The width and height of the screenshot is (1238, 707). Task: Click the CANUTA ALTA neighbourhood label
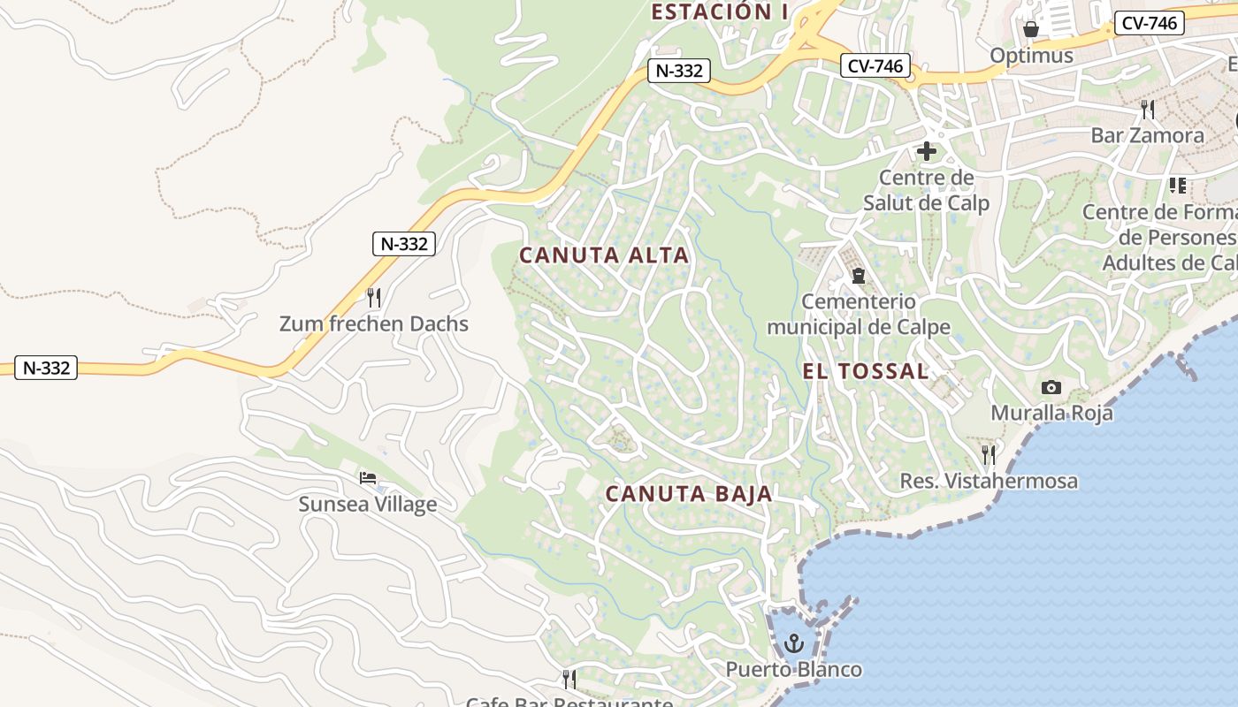point(603,255)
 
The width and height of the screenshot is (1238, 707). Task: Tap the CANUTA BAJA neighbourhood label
point(689,494)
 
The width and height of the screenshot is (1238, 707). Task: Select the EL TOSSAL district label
point(866,371)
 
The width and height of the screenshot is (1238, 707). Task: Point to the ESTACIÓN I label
point(720,11)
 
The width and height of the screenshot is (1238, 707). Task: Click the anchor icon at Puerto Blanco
point(793,642)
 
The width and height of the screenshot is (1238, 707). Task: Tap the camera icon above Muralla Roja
point(1051,387)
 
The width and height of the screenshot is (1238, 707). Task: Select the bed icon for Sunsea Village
point(368,478)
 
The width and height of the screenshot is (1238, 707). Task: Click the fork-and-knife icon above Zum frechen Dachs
point(374,297)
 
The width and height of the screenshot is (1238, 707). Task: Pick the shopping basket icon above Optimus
point(1031,29)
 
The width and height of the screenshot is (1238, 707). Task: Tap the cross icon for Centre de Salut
point(927,151)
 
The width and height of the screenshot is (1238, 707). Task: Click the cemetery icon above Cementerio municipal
point(858,276)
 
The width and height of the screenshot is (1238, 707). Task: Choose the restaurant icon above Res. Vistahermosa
point(989,454)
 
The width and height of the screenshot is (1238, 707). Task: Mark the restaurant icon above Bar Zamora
point(1148,110)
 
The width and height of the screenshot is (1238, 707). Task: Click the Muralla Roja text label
point(1051,413)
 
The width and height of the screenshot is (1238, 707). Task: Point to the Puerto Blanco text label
point(793,669)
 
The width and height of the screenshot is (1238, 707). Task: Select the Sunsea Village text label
point(368,505)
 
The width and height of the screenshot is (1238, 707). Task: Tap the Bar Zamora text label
point(1147,135)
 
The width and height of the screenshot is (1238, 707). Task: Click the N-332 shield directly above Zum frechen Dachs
point(404,244)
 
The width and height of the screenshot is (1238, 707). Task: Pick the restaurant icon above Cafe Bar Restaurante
point(569,679)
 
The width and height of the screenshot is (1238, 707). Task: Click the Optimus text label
point(1031,56)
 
